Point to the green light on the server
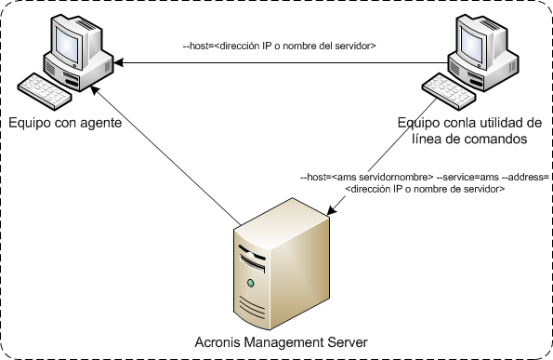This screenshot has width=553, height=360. [250, 282]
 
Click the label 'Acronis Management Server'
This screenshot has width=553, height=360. [277, 341]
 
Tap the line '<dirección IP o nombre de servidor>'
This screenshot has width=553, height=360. [424, 189]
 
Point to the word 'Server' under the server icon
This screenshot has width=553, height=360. [344, 341]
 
